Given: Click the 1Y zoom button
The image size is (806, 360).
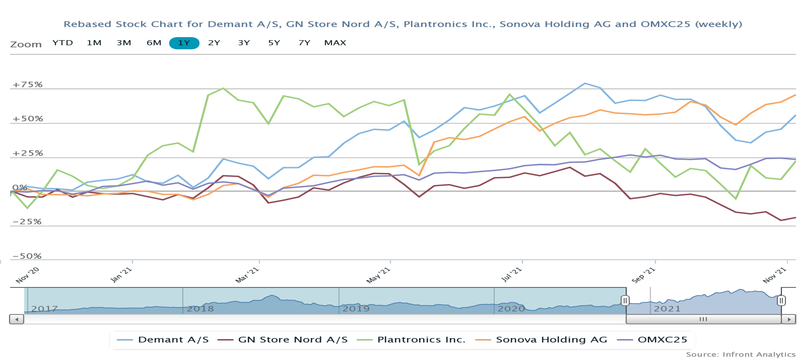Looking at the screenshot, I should (x=184, y=43).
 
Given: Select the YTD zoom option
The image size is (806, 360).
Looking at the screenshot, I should (x=63, y=43).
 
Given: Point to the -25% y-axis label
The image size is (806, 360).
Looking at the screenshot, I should (x=27, y=222).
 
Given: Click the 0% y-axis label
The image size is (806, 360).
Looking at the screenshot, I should (x=19, y=187).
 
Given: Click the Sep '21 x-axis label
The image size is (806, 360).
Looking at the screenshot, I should (x=643, y=275).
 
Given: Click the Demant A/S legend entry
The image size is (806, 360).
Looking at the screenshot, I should (x=163, y=340).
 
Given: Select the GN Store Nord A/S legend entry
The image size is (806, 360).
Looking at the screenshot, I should (x=283, y=340).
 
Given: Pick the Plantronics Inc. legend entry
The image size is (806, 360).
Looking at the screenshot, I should (x=411, y=340).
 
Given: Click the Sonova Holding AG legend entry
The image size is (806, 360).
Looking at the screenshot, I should (x=541, y=340).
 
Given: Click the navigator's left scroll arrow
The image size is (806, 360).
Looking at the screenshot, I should (x=17, y=319).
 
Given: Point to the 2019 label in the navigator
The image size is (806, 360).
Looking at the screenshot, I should (x=356, y=309).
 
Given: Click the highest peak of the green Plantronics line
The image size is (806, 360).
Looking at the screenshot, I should (x=223, y=88).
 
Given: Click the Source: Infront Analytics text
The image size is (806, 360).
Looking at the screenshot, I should (x=741, y=354).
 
